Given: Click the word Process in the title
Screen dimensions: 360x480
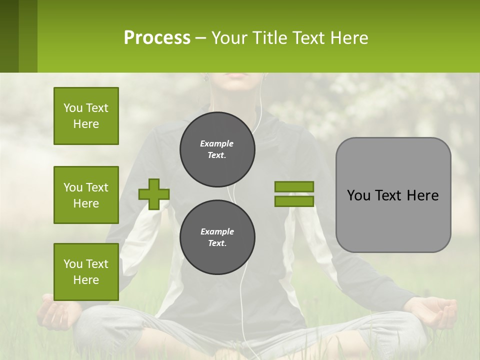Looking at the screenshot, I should [x=157, y=38].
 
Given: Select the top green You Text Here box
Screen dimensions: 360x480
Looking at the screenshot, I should [x=86, y=116].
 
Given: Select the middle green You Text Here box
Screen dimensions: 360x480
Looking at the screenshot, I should [x=86, y=195].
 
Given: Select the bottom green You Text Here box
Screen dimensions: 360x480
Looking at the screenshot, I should [x=86, y=272].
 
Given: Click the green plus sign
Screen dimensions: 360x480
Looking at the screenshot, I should [x=154, y=194].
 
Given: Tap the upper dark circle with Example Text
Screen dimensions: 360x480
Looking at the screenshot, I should [x=217, y=149].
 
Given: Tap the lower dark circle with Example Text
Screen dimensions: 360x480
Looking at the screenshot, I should [x=217, y=237].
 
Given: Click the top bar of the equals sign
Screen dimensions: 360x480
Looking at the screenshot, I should [x=294, y=186].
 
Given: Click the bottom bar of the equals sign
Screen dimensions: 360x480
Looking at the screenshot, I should [x=294, y=201].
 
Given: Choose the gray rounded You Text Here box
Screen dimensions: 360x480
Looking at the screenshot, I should [x=393, y=195].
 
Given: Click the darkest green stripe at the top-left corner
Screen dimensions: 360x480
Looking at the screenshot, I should [x=9, y=36].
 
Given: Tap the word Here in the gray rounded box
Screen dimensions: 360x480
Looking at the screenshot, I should [x=422, y=195].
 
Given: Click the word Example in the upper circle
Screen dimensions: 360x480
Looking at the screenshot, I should [x=217, y=143].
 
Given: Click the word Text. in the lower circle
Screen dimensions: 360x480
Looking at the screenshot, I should [x=217, y=243].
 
